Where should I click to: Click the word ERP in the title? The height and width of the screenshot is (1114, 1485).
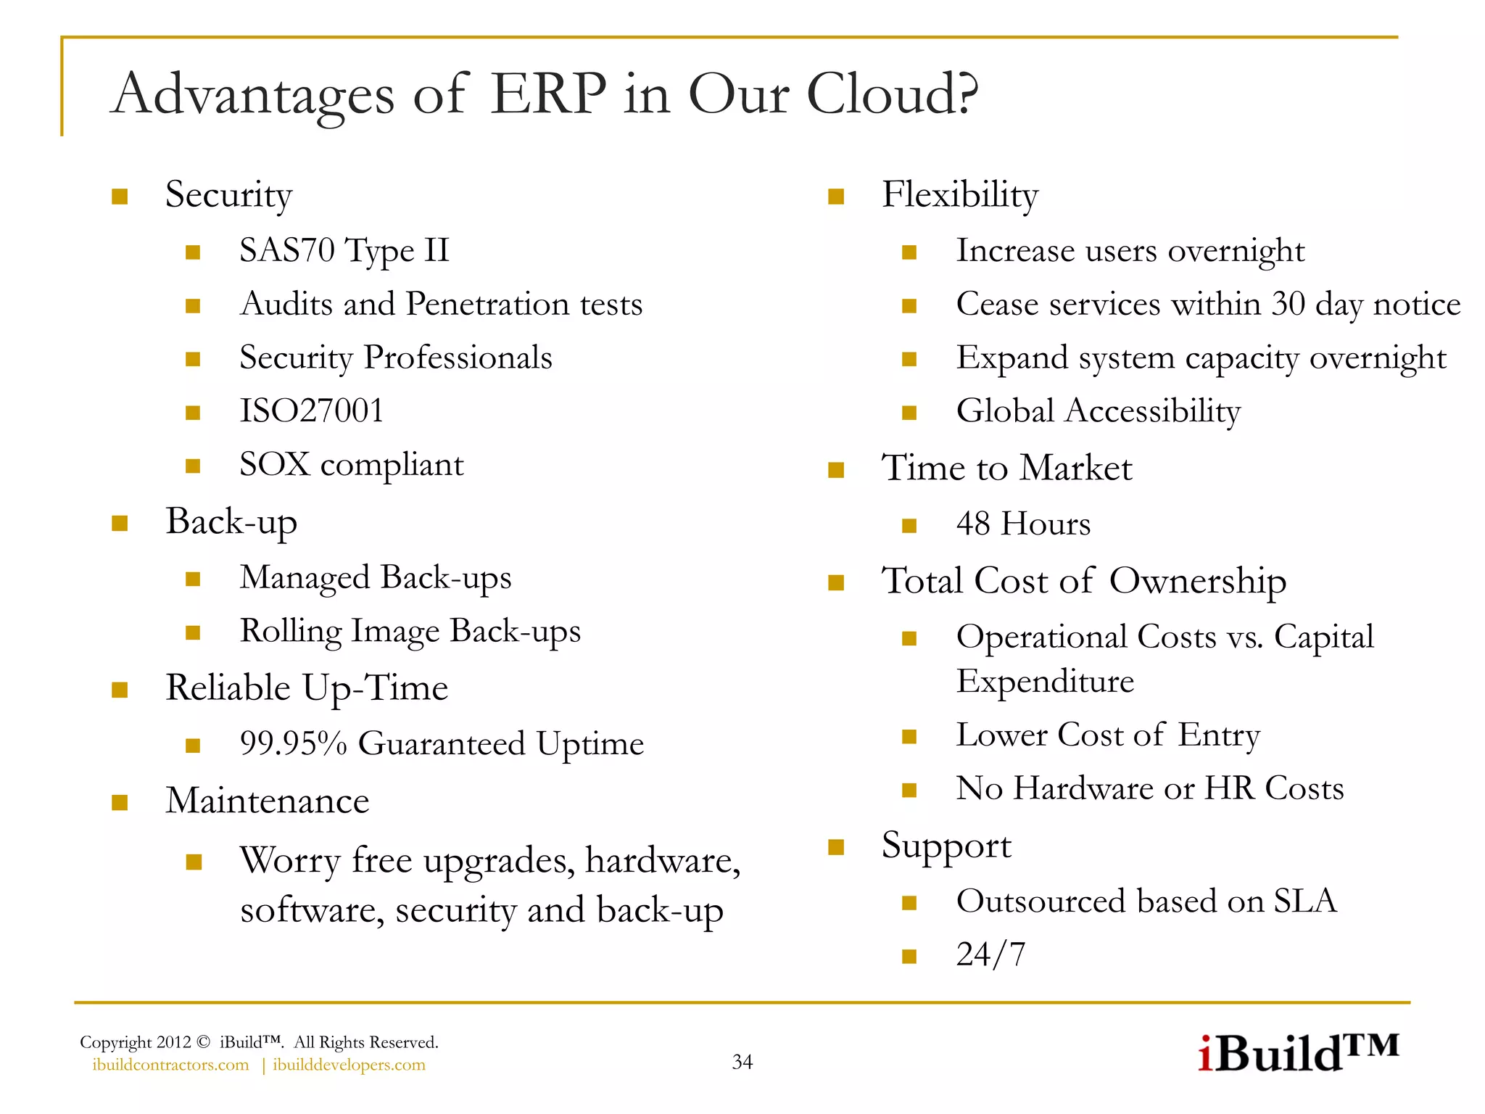point(547,94)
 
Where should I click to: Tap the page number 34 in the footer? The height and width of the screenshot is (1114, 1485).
point(742,1062)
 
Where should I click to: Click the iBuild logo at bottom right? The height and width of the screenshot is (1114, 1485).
point(1297,1053)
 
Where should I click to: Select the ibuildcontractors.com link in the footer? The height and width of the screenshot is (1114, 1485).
point(170,1065)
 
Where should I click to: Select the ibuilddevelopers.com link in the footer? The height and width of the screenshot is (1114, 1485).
point(349,1065)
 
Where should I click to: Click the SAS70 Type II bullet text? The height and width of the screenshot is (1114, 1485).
point(344,251)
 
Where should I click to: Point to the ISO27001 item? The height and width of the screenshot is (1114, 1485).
point(311,411)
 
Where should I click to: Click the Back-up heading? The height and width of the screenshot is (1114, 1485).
point(231,522)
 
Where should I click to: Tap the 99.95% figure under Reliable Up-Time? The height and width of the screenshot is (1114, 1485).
point(293,744)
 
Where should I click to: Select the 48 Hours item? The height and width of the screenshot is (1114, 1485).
point(1022,524)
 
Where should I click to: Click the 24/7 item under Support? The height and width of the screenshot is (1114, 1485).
point(990,954)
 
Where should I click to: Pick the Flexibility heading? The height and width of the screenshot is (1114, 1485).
point(959,195)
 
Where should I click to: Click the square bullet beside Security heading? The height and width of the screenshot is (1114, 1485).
point(120,197)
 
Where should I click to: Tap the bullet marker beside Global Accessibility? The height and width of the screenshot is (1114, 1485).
point(909,413)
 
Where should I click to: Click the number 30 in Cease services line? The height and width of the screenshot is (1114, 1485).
point(1288,304)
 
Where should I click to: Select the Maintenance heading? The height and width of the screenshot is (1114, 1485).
point(267,801)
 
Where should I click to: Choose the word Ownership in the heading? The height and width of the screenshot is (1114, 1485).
point(1197,581)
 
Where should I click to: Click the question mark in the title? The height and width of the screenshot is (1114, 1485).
point(967,94)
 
